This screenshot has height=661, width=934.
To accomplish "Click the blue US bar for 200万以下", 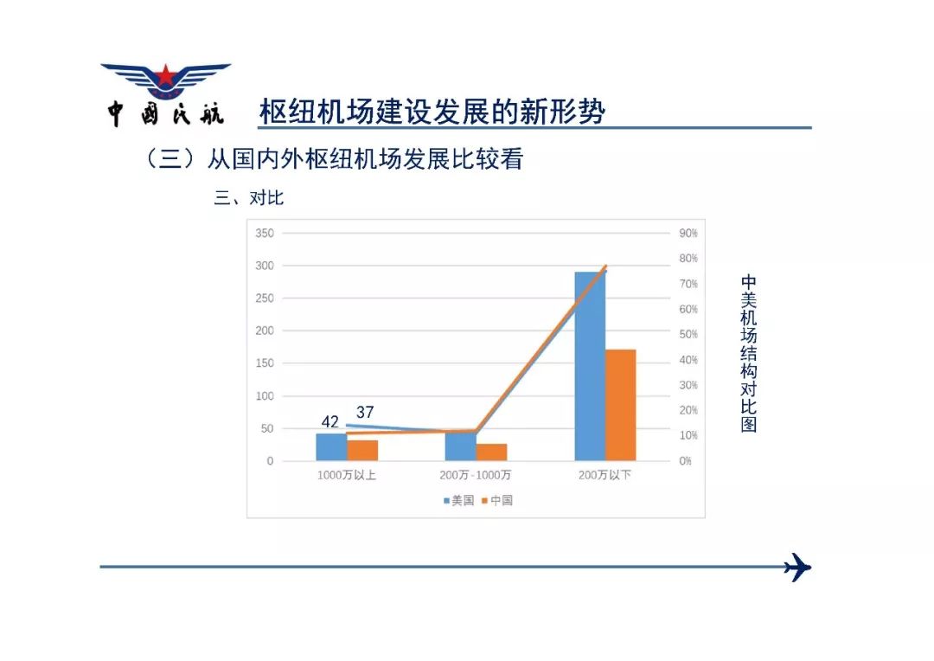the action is tap(590, 366).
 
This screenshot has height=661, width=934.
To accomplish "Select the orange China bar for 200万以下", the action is tap(621, 405).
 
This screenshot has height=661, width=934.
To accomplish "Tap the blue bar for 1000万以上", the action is tap(331, 447).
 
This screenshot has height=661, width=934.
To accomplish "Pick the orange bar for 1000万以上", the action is tap(362, 451).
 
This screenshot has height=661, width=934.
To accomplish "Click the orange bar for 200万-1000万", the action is tap(491, 452).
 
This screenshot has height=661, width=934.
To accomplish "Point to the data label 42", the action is tap(330, 422).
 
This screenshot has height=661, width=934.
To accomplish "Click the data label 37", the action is tap(365, 412).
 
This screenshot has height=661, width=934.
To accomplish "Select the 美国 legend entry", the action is tap(458, 501).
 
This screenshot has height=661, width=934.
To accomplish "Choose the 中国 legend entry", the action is tap(497, 501).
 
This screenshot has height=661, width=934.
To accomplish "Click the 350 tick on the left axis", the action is tap(265, 233).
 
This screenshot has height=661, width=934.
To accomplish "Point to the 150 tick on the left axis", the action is tap(265, 363).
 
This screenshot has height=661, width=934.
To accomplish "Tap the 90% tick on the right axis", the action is tap(688, 233).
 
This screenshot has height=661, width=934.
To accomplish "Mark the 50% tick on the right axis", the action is tap(688, 334).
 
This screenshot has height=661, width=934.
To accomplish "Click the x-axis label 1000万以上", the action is tap(346, 475).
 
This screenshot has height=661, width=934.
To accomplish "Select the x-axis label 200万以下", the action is tap(605, 475).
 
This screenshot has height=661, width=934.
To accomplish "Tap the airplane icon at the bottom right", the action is tap(797, 567).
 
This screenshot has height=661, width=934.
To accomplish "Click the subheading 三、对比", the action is tap(248, 197).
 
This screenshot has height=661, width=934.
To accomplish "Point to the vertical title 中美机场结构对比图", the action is tap(749, 354).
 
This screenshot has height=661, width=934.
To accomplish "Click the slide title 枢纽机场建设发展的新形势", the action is tap(432, 112).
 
